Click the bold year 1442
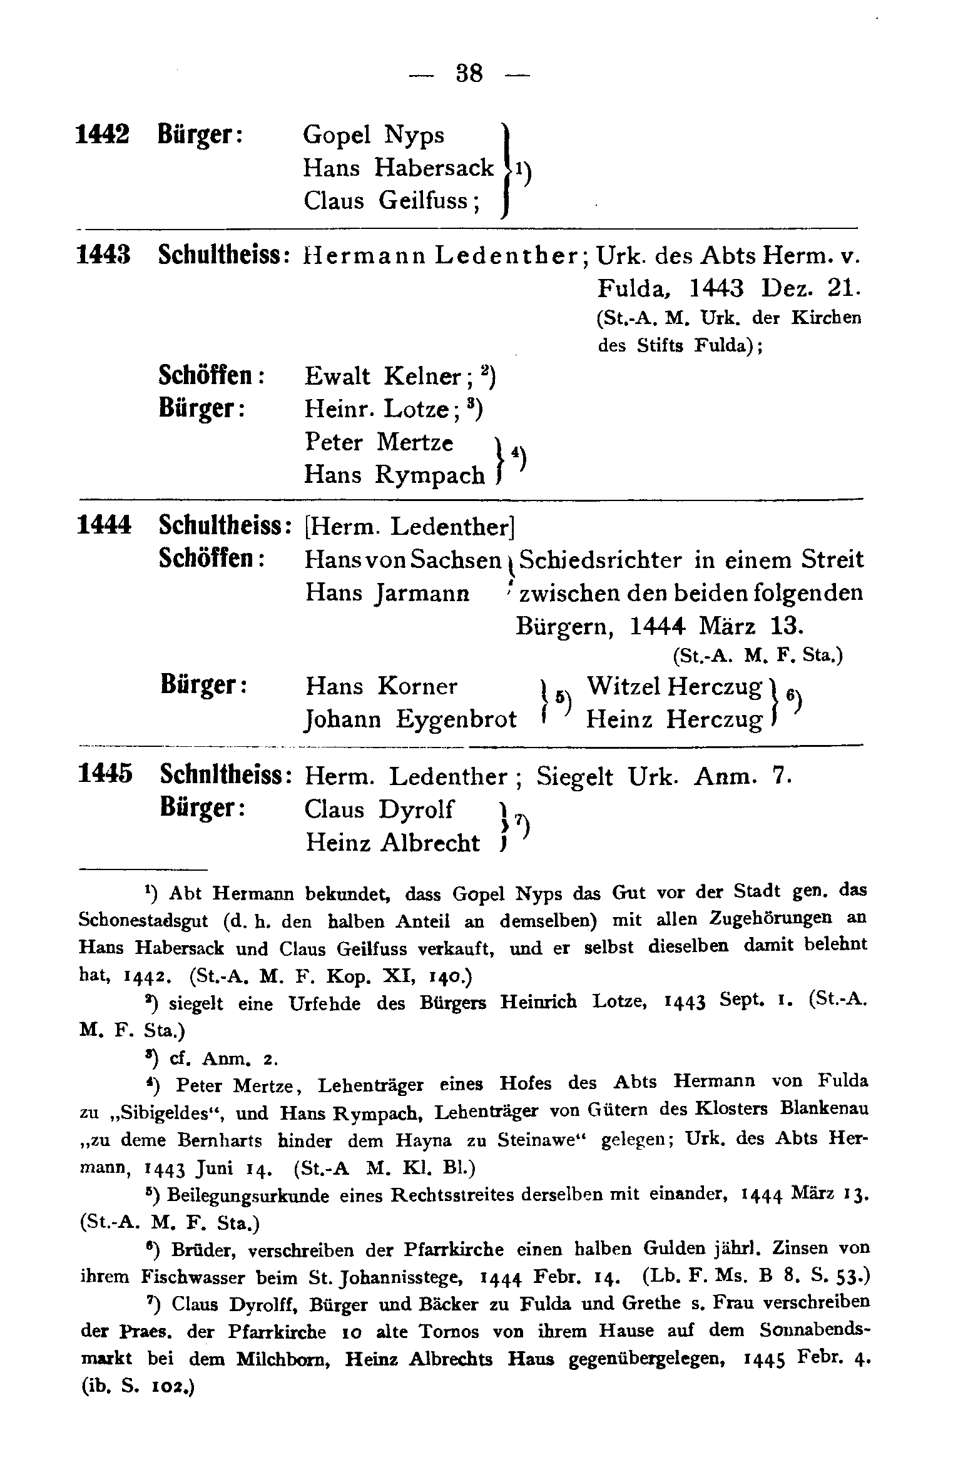tap(103, 134)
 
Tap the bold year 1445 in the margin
tap(105, 774)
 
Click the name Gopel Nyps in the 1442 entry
tap(374, 135)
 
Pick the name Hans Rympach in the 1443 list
tap(394, 476)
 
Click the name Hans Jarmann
tap(387, 592)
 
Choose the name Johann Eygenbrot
tap(410, 719)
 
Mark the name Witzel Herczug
tap(675, 687)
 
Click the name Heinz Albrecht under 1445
tap(392, 843)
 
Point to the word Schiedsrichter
tap(601, 560)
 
